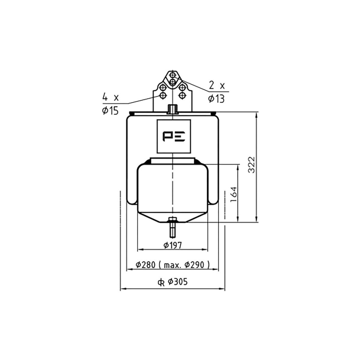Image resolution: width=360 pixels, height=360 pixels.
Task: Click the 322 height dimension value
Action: tap(252, 165)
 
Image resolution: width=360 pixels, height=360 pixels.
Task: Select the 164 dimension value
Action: tap(233, 194)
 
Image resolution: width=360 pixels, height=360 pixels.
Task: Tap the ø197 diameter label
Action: tap(173, 245)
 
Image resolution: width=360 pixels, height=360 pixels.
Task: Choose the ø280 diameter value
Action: tap(146, 265)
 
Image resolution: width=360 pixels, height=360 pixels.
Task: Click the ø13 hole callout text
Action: tap(216, 99)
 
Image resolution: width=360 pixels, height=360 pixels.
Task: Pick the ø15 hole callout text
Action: tap(110, 111)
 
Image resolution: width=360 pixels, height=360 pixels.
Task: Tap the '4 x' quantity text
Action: tap(110, 98)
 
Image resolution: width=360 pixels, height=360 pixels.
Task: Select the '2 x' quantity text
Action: tap(217, 86)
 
